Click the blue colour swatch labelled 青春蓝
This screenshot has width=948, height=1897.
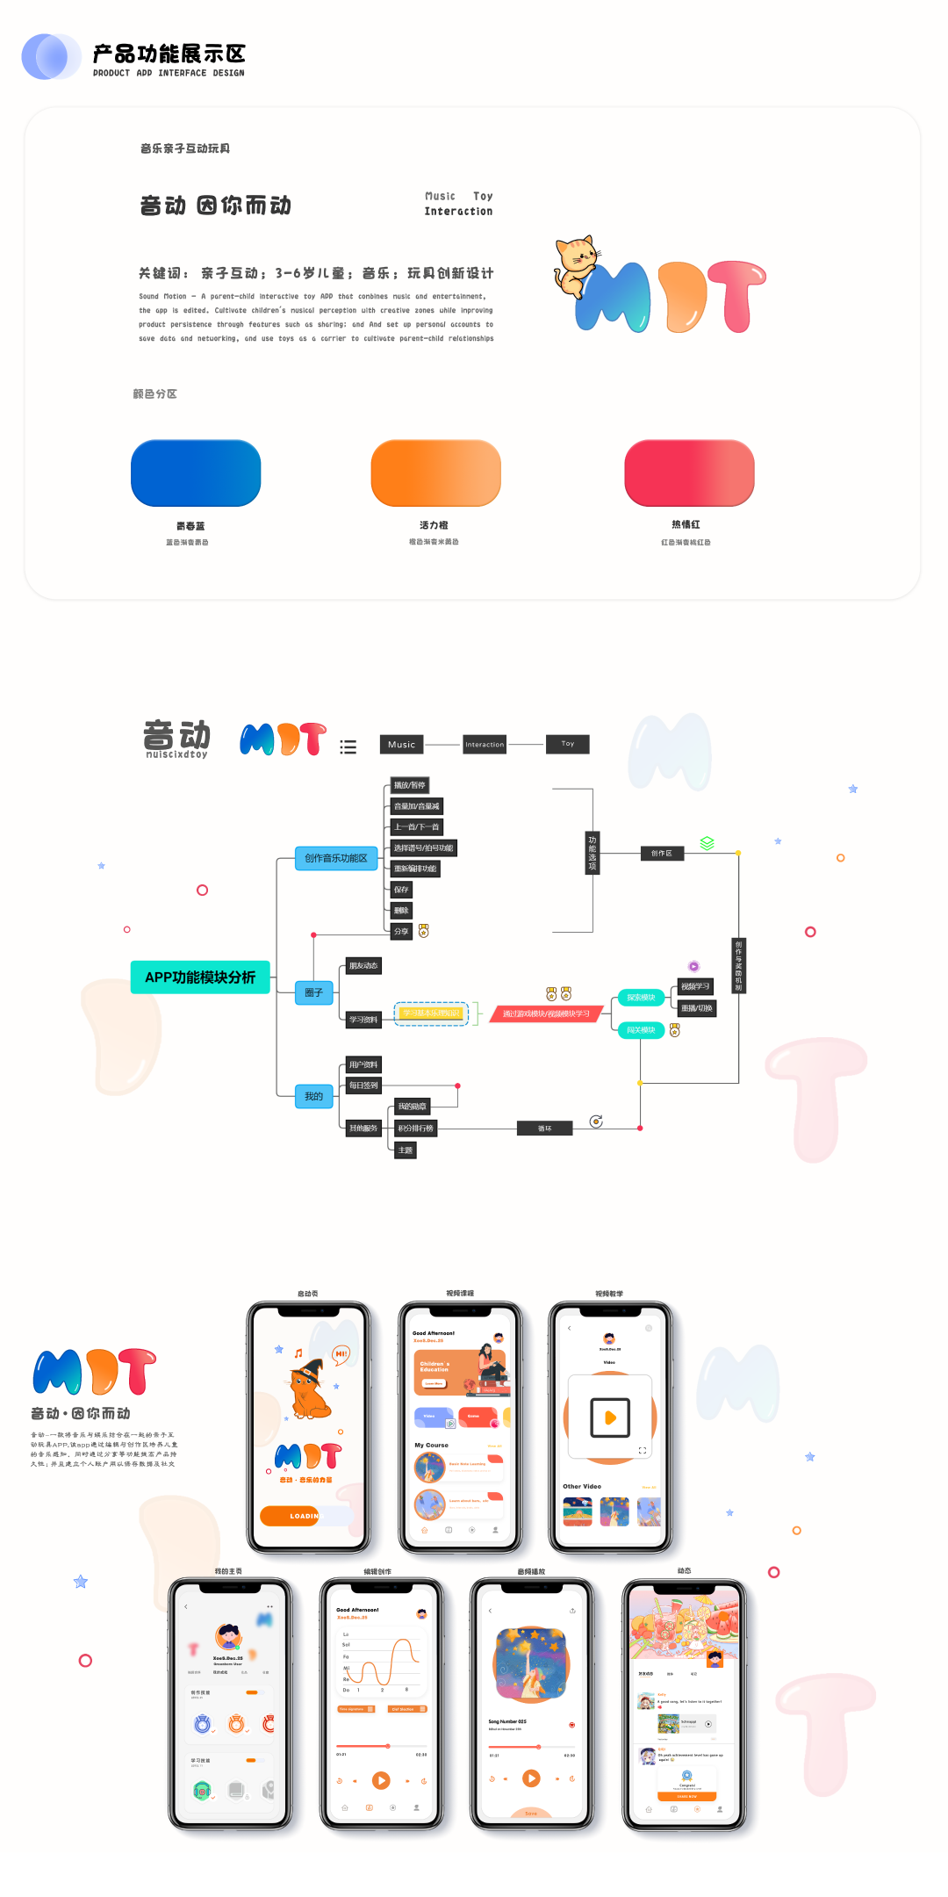(x=196, y=473)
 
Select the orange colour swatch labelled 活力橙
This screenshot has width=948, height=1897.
(x=435, y=473)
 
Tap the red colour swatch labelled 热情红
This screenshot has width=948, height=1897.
(x=689, y=473)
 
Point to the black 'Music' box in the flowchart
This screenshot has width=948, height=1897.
(x=401, y=745)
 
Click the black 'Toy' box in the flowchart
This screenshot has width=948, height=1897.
(x=567, y=744)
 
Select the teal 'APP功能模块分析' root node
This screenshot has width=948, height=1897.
(x=200, y=977)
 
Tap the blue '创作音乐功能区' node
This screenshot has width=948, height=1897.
(x=336, y=858)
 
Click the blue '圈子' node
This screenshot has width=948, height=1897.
(x=313, y=992)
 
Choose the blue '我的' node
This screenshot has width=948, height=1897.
(x=313, y=1096)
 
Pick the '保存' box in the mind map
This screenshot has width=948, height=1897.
(x=401, y=890)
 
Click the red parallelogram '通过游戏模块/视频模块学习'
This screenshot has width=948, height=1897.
(x=546, y=1013)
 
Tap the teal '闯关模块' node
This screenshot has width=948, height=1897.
(x=641, y=1030)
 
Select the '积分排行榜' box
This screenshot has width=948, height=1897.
(x=415, y=1129)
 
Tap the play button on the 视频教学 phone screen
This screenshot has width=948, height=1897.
(x=610, y=1417)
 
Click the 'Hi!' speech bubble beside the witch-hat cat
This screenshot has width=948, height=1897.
(x=341, y=1354)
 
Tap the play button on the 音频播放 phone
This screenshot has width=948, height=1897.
(x=531, y=1778)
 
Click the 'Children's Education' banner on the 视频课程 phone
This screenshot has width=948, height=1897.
(x=448, y=1373)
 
